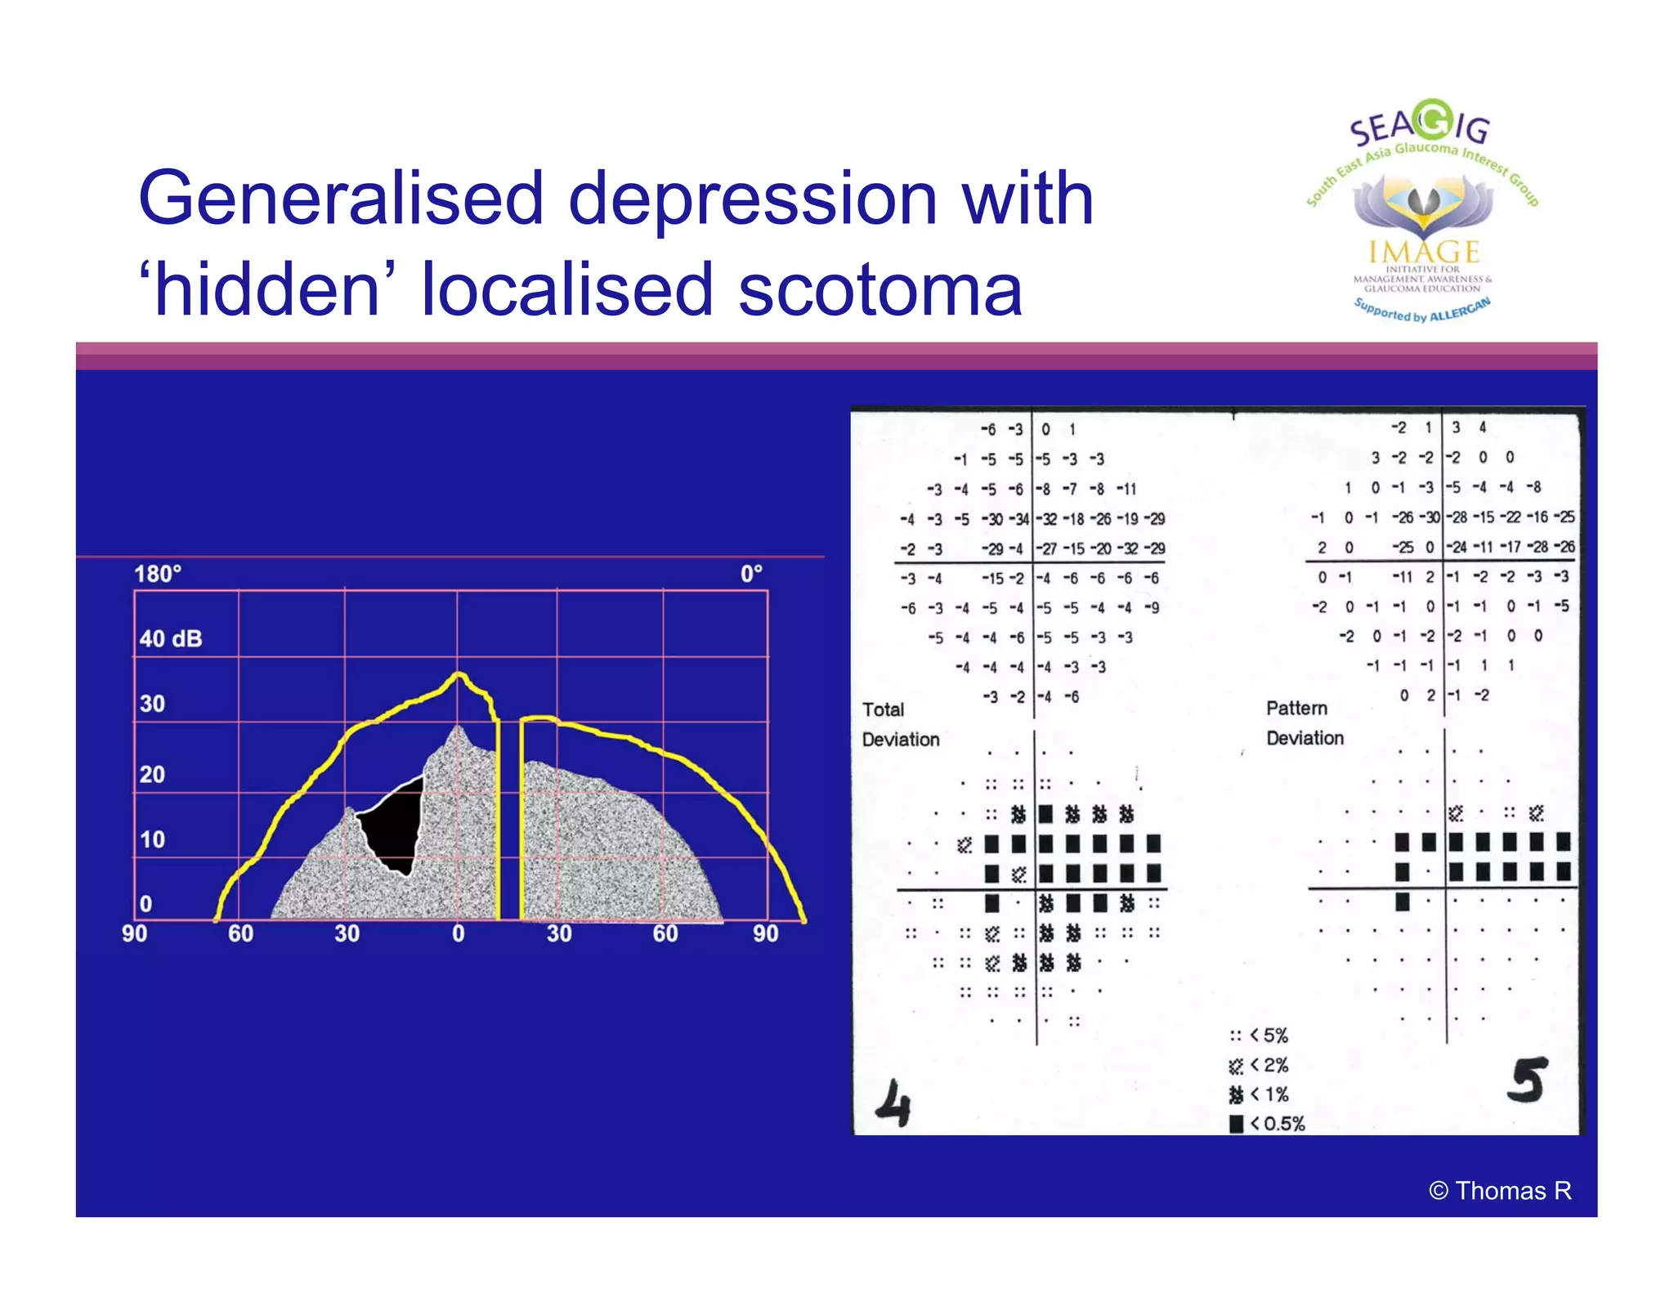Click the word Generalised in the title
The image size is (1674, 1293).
pyautogui.click(x=341, y=199)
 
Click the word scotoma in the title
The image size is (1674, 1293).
pyautogui.click(x=880, y=290)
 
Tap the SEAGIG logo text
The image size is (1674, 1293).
pyautogui.click(x=1419, y=125)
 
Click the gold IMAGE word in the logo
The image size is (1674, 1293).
pyautogui.click(x=1424, y=251)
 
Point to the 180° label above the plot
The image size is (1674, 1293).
pyautogui.click(x=157, y=574)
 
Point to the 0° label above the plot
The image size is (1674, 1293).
pyautogui.click(x=751, y=574)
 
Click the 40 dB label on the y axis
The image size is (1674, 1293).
pyautogui.click(x=170, y=638)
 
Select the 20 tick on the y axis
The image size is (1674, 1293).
pyautogui.click(x=152, y=774)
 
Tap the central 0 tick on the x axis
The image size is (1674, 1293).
pyautogui.click(x=458, y=933)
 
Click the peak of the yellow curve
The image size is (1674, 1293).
pyautogui.click(x=459, y=674)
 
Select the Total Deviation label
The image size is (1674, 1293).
pyautogui.click(x=900, y=724)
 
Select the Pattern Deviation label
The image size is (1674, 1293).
pyautogui.click(x=1304, y=723)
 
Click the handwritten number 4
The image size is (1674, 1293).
pyautogui.click(x=893, y=1103)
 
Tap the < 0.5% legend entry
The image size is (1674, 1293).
pyautogui.click(x=1268, y=1124)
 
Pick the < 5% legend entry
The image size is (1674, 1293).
pyautogui.click(x=1260, y=1036)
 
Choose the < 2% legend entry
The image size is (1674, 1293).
pyautogui.click(x=1260, y=1065)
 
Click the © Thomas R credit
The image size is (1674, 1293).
pyautogui.click(x=1500, y=1191)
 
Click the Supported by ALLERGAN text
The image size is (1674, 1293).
pyautogui.click(x=1421, y=311)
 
